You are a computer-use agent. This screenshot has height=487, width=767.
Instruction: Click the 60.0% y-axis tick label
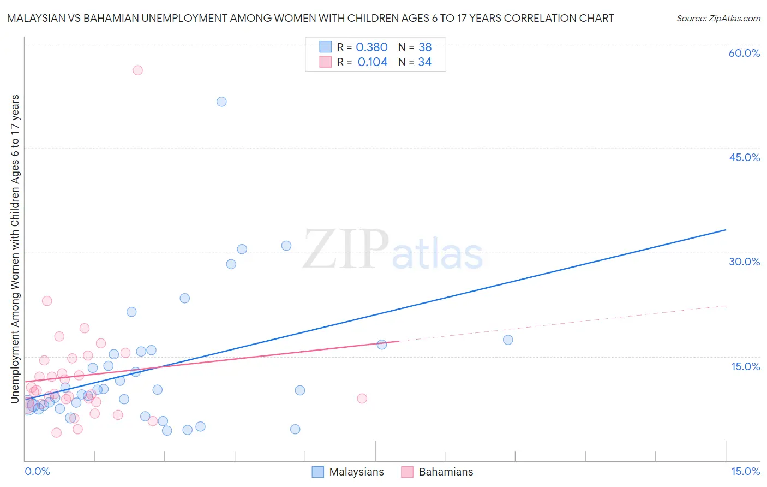744,53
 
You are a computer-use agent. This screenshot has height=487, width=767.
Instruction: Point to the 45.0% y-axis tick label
744,157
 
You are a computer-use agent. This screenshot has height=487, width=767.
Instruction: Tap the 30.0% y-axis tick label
744,262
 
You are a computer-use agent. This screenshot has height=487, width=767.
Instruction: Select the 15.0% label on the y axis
745,366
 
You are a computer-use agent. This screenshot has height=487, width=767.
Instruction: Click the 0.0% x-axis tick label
37,471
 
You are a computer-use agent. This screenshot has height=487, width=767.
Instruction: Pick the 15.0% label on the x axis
745,471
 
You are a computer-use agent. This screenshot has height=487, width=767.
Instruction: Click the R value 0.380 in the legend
371,47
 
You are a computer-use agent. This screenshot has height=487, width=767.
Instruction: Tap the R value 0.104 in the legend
373,62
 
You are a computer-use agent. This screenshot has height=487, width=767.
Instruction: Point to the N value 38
425,47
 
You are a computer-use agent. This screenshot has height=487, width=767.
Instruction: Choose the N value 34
424,62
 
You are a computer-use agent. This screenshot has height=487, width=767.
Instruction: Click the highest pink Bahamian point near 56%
137,70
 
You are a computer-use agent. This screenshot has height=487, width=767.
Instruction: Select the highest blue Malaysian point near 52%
221,102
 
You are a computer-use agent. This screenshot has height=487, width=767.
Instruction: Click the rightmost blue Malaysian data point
508,340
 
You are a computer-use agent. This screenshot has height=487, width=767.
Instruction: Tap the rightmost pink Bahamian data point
362,399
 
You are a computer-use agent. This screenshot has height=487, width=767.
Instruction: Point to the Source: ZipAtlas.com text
718,18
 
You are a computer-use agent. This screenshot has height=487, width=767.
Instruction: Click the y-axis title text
15,248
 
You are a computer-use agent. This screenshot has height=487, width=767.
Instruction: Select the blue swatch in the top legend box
325,47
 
